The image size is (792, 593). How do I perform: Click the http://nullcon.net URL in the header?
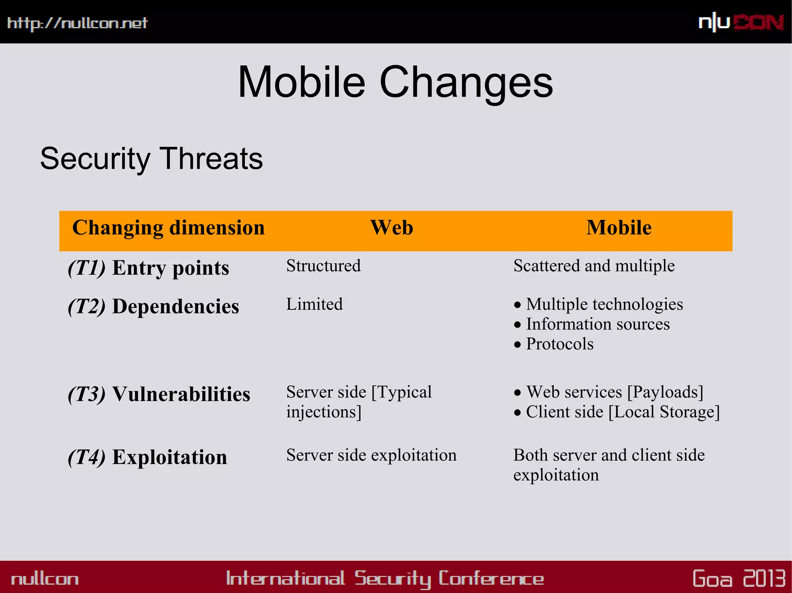point(77,23)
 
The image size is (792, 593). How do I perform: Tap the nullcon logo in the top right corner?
point(741,22)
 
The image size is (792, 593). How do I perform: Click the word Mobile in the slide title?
point(301,82)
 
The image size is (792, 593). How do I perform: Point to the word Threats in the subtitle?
point(211,159)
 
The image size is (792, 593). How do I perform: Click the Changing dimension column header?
point(169,228)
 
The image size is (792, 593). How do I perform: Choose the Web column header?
point(391,228)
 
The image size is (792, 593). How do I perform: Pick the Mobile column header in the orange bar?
point(619,228)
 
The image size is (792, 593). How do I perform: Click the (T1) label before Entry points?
point(87,268)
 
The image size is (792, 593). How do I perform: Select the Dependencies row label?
point(176,306)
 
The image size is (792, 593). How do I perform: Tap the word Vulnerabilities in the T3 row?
point(181,394)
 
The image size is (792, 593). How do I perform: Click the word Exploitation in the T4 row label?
point(169,457)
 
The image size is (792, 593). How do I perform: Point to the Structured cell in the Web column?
point(323,266)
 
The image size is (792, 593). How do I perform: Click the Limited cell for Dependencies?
point(314,304)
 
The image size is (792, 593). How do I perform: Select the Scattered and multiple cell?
point(594,266)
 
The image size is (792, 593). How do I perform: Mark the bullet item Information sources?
point(597,324)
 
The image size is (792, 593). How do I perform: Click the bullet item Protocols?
point(560,344)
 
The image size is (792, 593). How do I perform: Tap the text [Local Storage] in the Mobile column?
point(664,412)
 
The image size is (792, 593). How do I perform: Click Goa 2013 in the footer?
point(739,578)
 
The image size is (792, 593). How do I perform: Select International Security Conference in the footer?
point(385,578)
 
